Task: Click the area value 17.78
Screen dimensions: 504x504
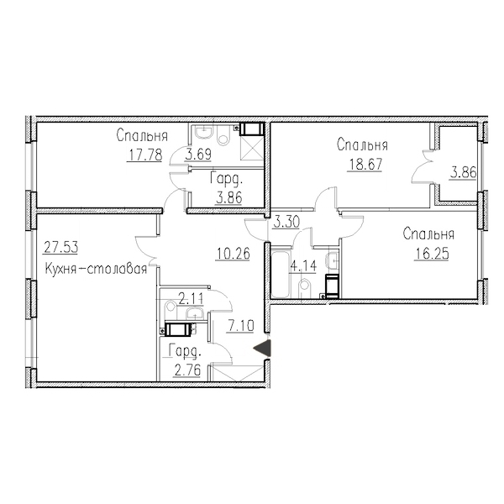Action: (x=144, y=155)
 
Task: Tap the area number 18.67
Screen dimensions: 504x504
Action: (x=365, y=165)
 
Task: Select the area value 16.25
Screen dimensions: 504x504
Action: (x=432, y=255)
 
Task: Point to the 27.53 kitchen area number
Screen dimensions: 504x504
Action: (x=60, y=248)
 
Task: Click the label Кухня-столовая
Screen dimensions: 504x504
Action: (x=96, y=269)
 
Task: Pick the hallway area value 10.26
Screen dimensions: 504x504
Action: (x=233, y=254)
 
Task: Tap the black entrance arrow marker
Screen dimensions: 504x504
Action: (x=263, y=349)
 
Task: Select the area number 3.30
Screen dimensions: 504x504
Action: (x=286, y=222)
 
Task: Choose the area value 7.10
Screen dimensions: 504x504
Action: (x=240, y=327)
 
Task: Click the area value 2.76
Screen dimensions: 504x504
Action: (x=186, y=370)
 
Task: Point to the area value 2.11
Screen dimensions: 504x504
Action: (x=191, y=300)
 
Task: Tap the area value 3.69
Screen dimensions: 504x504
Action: (x=198, y=155)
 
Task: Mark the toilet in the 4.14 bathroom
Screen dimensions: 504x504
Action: (x=305, y=288)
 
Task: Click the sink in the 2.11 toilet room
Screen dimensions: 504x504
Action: (x=195, y=312)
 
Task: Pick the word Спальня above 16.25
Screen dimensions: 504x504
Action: (x=428, y=234)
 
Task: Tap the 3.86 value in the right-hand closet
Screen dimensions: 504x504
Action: (x=463, y=173)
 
